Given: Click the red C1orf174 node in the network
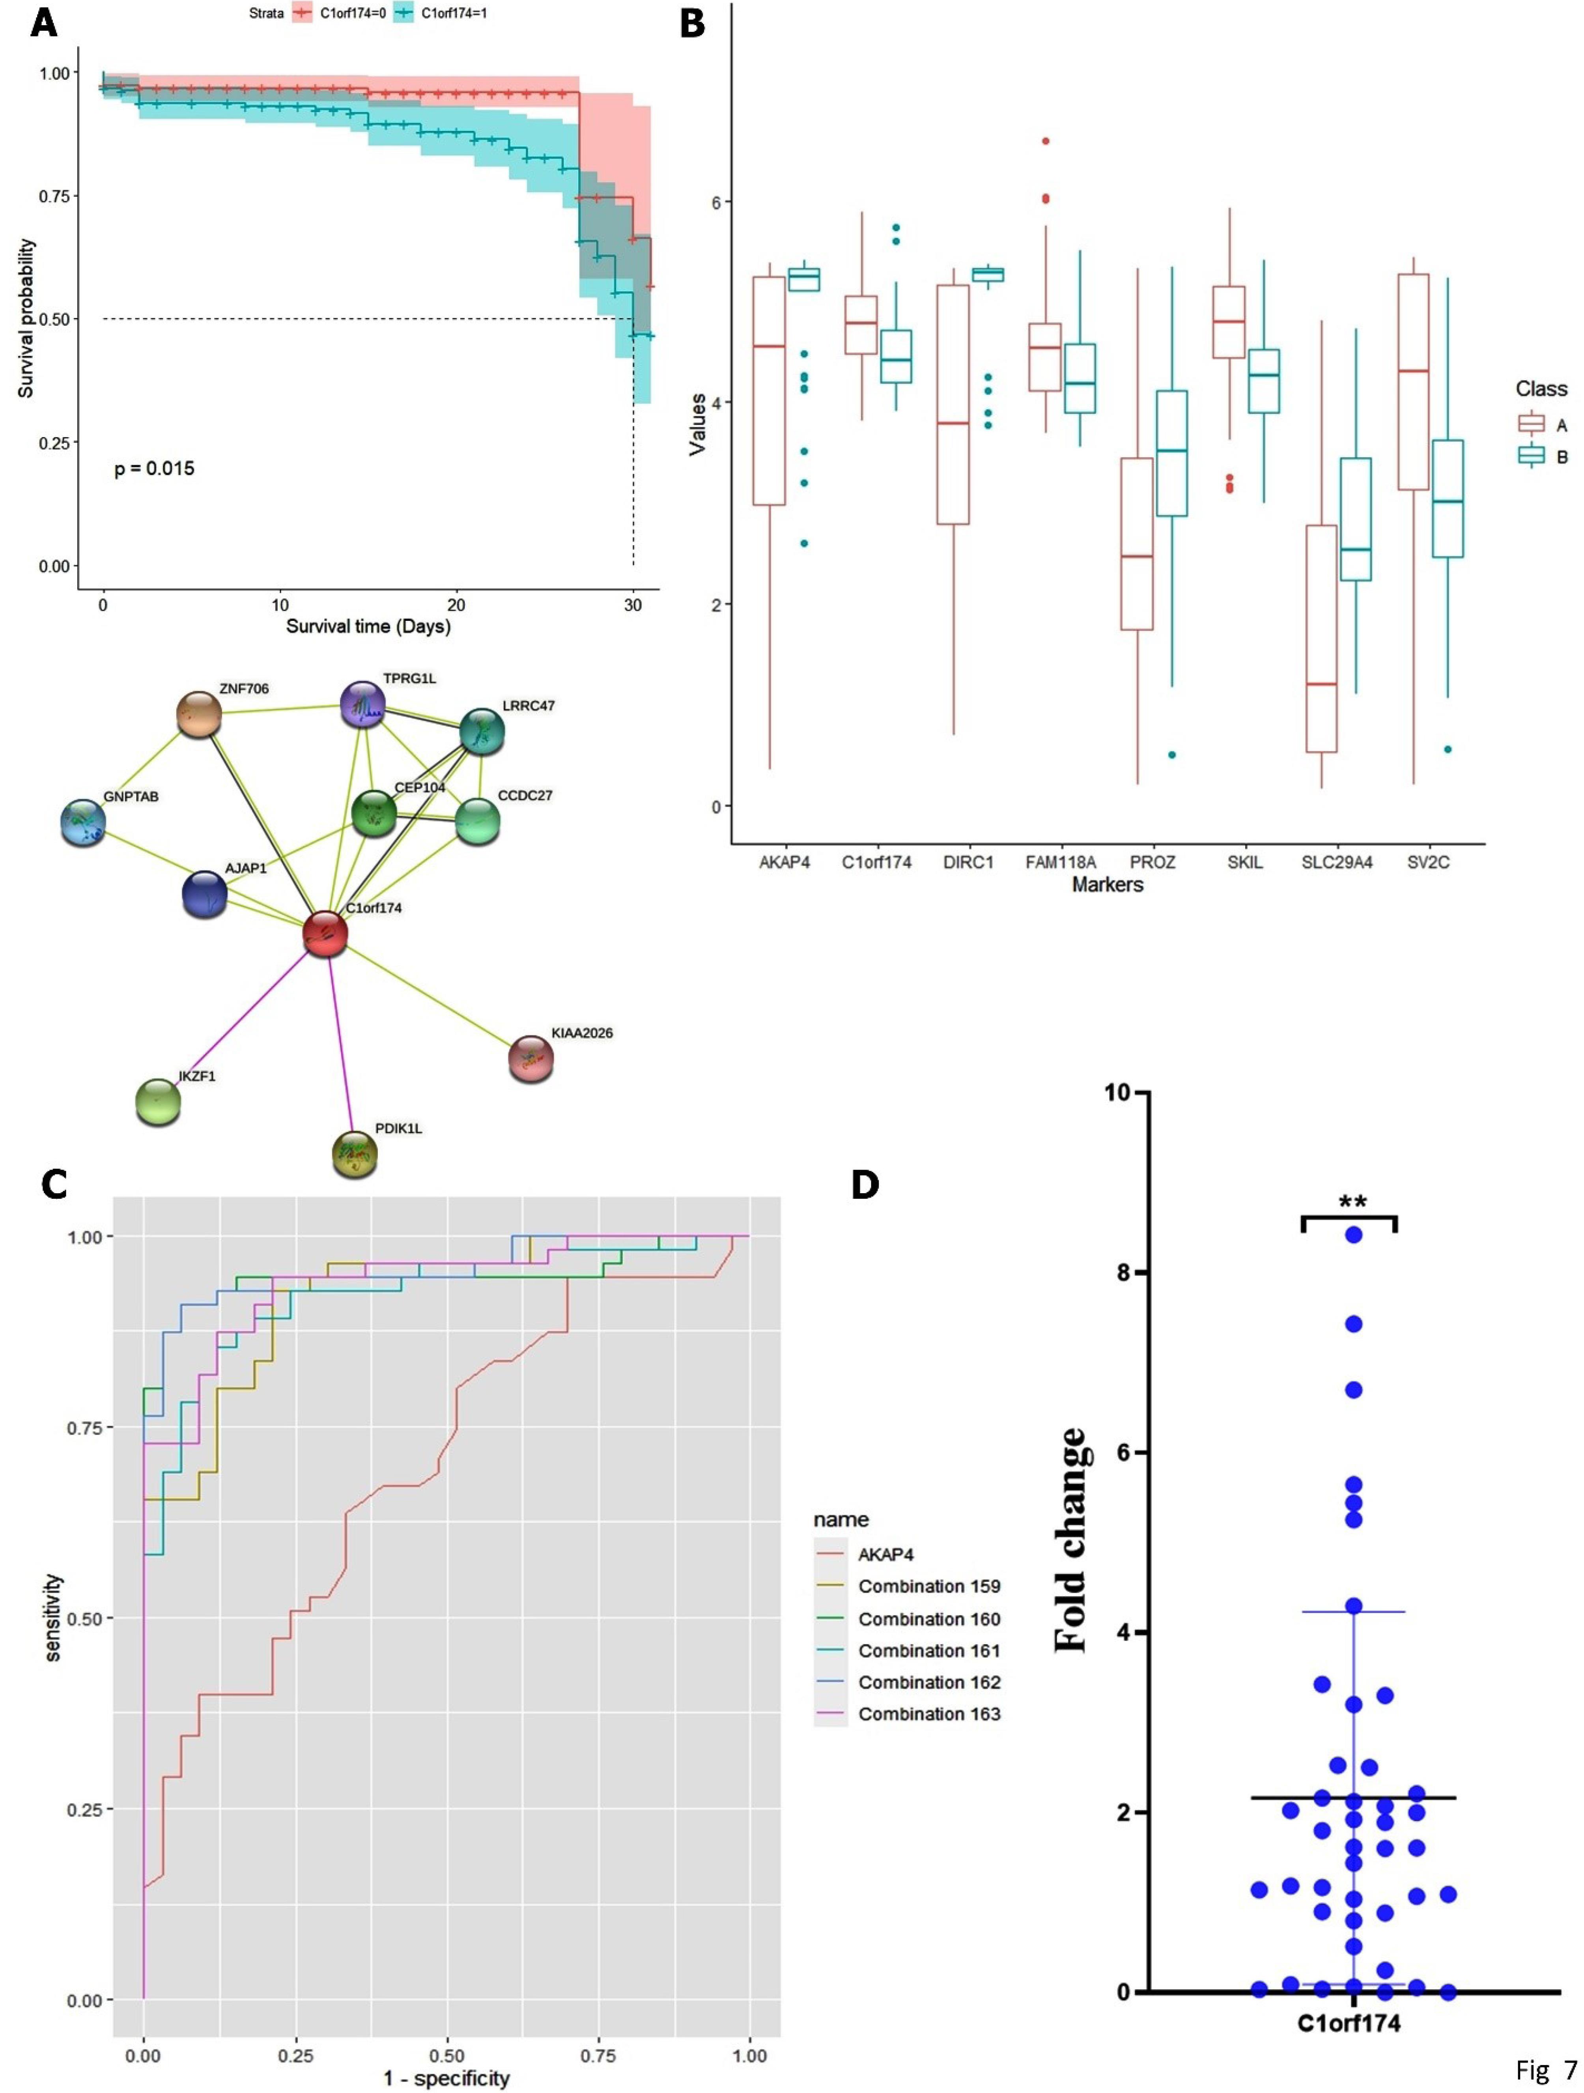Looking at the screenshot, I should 325,934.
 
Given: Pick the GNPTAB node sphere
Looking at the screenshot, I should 83,822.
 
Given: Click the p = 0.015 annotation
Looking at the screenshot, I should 154,468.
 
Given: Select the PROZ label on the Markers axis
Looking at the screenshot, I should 1153,863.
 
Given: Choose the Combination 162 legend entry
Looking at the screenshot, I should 928,1682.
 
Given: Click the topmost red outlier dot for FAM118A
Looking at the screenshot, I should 1046,141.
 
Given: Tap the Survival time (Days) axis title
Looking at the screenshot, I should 368,626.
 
